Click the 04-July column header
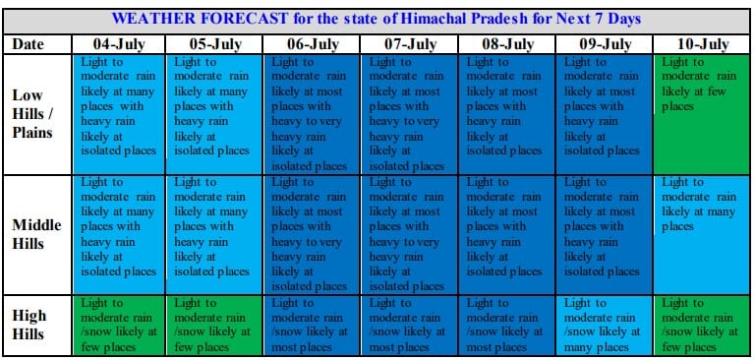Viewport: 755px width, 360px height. click(x=118, y=44)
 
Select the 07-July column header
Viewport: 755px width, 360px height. click(x=409, y=44)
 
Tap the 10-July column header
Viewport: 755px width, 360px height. click(x=702, y=44)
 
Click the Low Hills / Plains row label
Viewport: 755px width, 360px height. click(x=32, y=114)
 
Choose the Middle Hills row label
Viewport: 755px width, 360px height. click(x=36, y=234)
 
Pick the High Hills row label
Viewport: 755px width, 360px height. click(x=29, y=325)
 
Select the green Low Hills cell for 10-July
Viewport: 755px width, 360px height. click(x=702, y=114)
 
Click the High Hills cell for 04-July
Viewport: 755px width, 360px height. click(x=118, y=326)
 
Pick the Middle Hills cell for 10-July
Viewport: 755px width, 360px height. click(x=702, y=234)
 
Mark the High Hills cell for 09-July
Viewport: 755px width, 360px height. click(x=605, y=326)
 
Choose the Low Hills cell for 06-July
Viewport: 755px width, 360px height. click(x=311, y=114)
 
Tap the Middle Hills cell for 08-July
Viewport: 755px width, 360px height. click(x=506, y=234)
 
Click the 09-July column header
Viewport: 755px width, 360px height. click(x=605, y=44)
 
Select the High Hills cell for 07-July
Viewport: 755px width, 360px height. click(x=409, y=326)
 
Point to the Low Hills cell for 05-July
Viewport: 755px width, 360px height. click(x=213, y=114)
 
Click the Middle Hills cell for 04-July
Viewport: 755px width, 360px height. click(x=118, y=234)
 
